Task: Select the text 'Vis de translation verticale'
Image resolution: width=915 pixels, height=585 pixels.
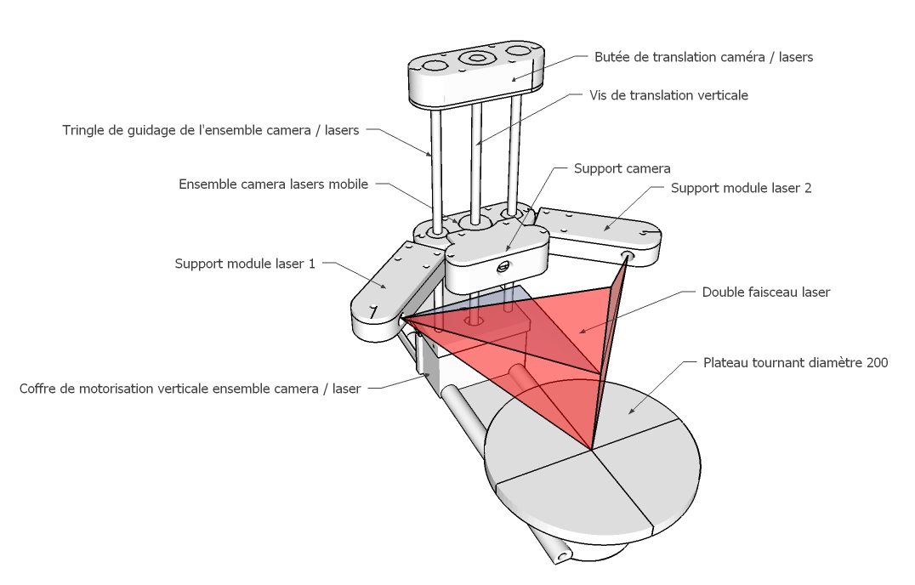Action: click(x=668, y=95)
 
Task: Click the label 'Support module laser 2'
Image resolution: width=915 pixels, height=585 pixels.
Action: click(x=741, y=188)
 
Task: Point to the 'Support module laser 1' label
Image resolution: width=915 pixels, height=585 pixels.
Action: click(x=245, y=264)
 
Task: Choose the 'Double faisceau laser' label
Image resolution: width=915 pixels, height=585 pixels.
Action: click(x=765, y=292)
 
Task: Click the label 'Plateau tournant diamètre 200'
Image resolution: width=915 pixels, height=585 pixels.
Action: click(x=795, y=362)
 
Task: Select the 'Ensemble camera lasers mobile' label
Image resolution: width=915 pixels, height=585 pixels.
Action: click(x=273, y=184)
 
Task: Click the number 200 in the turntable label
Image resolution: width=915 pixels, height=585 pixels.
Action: click(x=877, y=362)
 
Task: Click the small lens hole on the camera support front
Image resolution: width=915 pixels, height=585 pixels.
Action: click(x=502, y=267)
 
